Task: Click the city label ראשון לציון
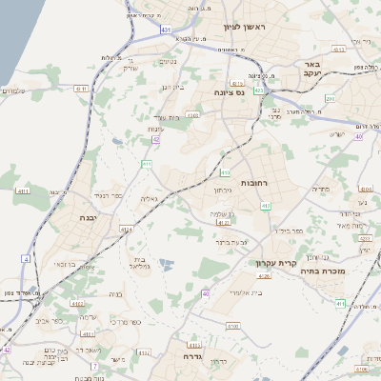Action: point(244,28)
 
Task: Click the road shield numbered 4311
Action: point(81,89)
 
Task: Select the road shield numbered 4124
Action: point(127,229)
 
